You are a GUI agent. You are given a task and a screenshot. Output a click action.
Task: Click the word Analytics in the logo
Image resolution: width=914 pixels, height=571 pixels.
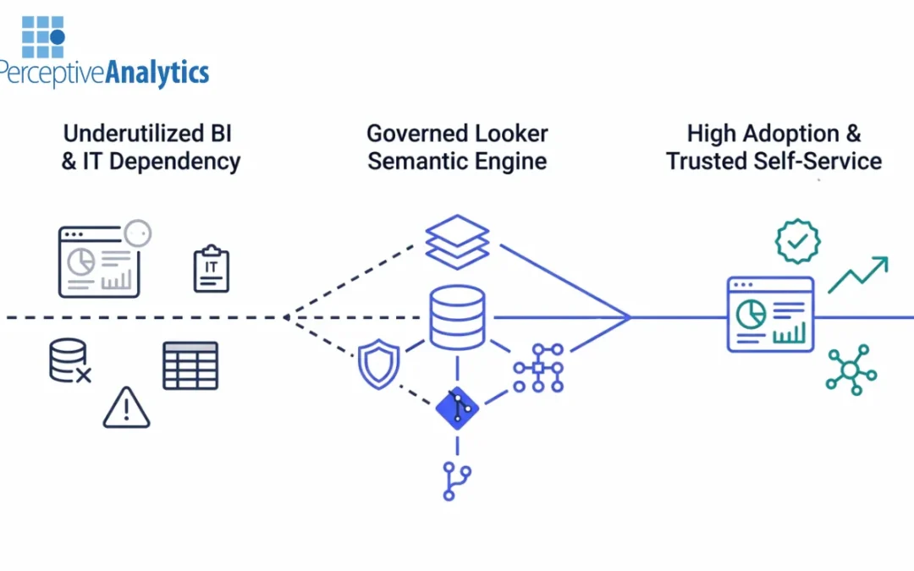pos(157,73)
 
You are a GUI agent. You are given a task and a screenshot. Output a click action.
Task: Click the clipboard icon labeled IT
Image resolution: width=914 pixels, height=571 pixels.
pos(211,269)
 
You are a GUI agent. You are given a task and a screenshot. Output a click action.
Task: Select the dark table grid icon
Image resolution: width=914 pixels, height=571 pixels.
pos(190,365)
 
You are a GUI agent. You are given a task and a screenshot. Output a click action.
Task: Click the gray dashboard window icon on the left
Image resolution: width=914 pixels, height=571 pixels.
pos(99,261)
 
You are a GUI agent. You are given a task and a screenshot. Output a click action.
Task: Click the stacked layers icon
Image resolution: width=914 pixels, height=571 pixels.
pos(457,242)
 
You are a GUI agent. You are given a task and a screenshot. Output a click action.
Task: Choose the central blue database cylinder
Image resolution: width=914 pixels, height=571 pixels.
pos(457,317)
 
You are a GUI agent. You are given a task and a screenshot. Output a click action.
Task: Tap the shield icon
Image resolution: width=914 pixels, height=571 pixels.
pos(377,364)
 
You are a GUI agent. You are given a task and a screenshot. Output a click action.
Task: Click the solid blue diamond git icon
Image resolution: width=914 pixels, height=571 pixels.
pos(457,408)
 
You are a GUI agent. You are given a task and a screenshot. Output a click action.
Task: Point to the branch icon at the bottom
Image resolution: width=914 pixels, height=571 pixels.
pos(457,481)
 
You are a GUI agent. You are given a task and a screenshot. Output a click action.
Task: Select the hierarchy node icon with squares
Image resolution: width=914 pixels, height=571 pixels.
pos(539,367)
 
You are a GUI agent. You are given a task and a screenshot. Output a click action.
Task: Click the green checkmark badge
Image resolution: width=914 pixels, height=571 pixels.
pos(797,241)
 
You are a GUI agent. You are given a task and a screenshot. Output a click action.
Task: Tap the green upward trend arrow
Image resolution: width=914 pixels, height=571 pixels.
pos(857,275)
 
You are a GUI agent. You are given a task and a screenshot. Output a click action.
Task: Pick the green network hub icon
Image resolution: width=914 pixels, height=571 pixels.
pos(851,370)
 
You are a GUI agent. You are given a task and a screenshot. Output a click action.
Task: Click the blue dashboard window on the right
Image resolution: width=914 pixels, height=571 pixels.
pos(770,315)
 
